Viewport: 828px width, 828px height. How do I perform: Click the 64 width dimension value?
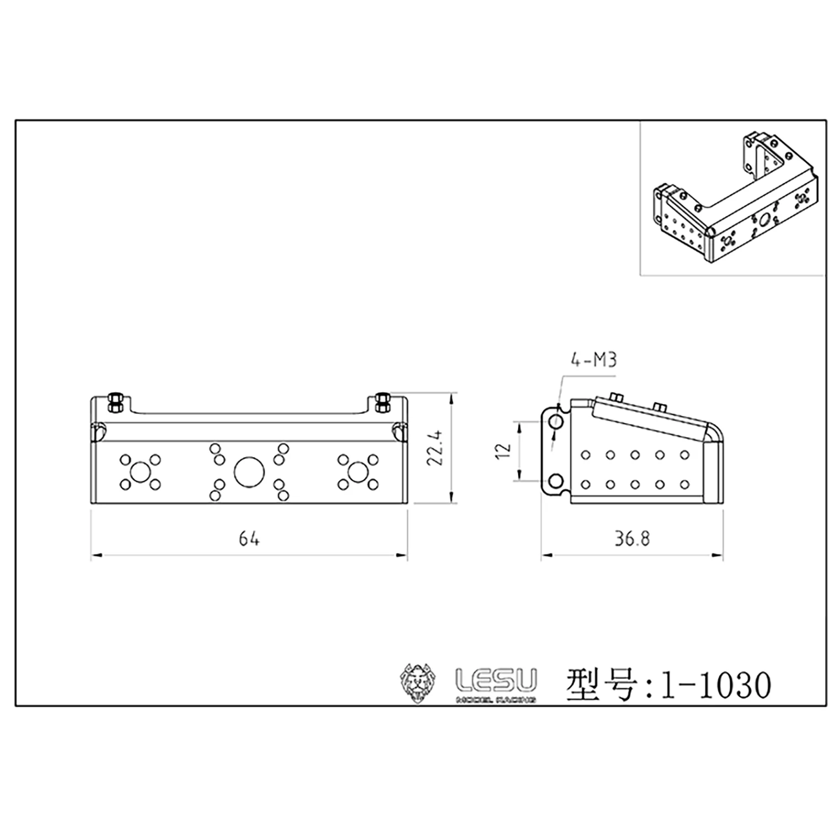pyautogui.click(x=249, y=538)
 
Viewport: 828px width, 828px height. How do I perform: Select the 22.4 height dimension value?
pyautogui.click(x=436, y=448)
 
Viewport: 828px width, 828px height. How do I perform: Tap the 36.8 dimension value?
pyautogui.click(x=632, y=539)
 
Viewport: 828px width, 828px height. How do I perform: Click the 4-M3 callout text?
pyautogui.click(x=593, y=361)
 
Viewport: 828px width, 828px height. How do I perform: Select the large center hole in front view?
pyautogui.click(x=250, y=473)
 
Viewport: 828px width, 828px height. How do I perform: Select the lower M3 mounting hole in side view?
pyautogui.click(x=556, y=481)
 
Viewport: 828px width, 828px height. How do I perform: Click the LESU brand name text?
pyautogui.click(x=496, y=681)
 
